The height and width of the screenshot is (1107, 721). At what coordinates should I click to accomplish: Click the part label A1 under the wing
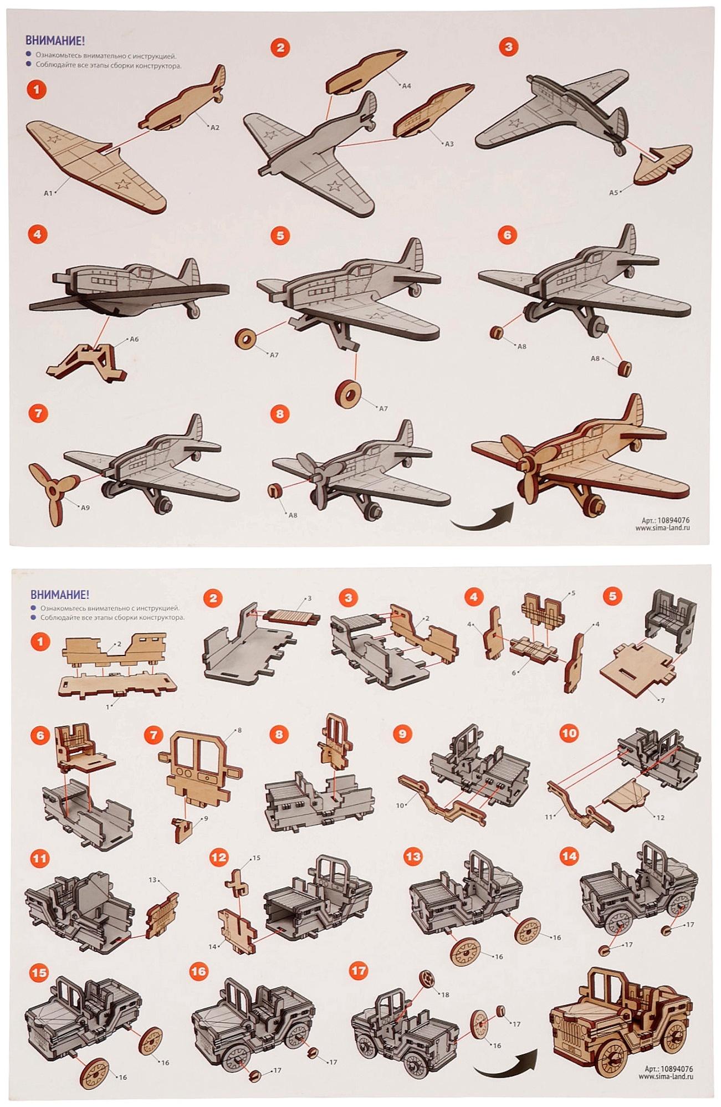point(48,193)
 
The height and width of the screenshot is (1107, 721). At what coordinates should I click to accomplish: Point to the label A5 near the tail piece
point(613,193)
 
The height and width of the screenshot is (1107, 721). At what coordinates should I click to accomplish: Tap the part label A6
point(134,339)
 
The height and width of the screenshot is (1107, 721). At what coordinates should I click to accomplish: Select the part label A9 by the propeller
point(85,508)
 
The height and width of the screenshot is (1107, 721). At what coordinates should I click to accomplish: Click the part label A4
point(406,86)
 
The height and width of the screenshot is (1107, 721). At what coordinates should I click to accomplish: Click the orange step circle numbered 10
point(569,734)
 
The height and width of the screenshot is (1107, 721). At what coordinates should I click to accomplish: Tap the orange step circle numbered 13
point(413,857)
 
